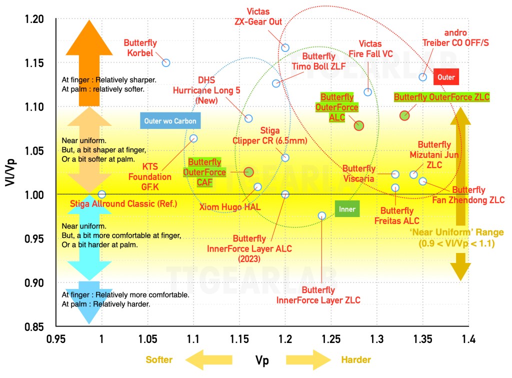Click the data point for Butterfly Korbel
click(166, 62)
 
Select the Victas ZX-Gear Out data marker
click(285, 47)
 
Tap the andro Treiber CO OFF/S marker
click(422, 77)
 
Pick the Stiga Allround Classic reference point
click(102, 194)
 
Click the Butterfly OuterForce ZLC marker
click(404, 116)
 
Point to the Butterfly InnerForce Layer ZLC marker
click(322, 215)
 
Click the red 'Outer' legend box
click(446, 77)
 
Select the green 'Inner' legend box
click(347, 209)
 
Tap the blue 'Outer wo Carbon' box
click(170, 120)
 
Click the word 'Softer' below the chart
click(159, 360)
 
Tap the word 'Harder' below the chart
click(356, 360)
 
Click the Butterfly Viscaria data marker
click(395, 174)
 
